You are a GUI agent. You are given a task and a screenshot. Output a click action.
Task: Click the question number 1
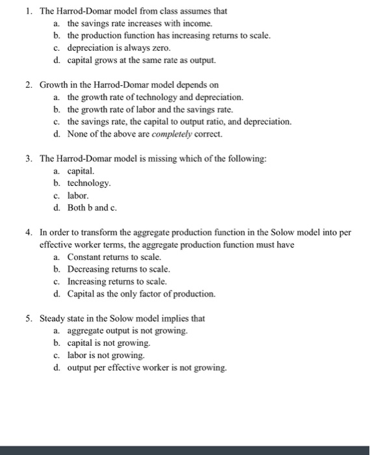point(29,11)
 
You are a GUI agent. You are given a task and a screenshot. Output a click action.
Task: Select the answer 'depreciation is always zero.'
point(115,47)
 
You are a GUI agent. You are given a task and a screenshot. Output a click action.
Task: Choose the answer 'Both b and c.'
point(92,207)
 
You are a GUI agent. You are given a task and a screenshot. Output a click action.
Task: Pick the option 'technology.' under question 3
point(89,183)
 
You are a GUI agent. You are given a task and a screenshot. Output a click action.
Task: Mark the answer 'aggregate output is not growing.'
point(127,331)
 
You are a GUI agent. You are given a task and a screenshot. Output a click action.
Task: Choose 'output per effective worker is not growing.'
point(147,368)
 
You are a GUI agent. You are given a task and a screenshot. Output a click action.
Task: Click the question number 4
point(29,232)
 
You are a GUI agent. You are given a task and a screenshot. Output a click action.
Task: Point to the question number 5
point(29,318)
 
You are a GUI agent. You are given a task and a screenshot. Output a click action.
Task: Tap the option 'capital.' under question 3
point(81,171)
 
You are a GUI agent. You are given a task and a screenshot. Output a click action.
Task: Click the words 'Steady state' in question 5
point(62,318)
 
